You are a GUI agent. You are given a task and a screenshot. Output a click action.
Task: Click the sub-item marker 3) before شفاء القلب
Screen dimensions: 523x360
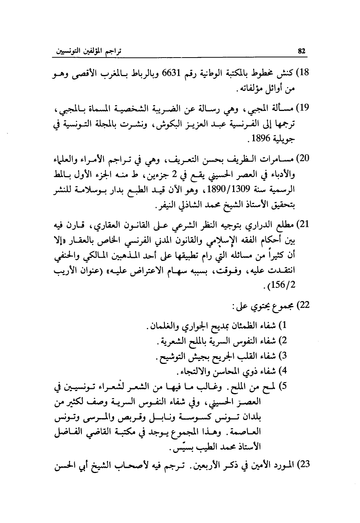pos(282,356)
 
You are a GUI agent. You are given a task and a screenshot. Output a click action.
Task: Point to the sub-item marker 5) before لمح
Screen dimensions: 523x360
pos(282,387)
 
